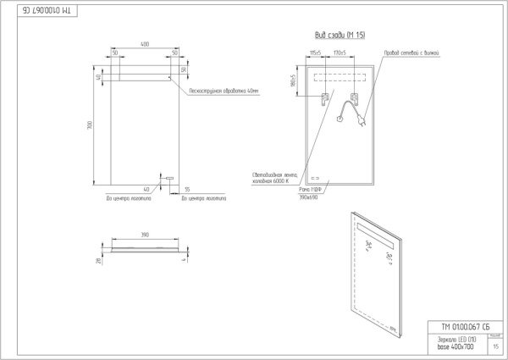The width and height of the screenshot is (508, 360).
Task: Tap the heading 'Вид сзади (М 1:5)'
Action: coord(333,35)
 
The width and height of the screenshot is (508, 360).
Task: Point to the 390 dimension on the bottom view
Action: coord(145,235)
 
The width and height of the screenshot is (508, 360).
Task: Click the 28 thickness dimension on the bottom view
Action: coord(99,262)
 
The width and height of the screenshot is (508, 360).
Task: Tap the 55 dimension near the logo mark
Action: coord(187,190)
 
